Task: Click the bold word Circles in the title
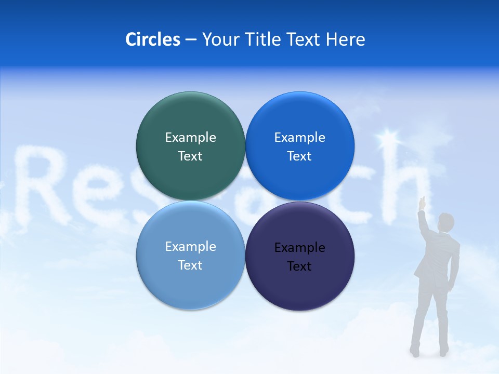click(152, 39)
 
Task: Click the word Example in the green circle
click(190, 138)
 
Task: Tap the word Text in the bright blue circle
click(299, 156)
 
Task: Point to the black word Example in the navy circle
click(299, 248)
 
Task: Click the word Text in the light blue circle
click(190, 265)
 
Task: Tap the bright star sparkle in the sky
click(387, 138)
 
